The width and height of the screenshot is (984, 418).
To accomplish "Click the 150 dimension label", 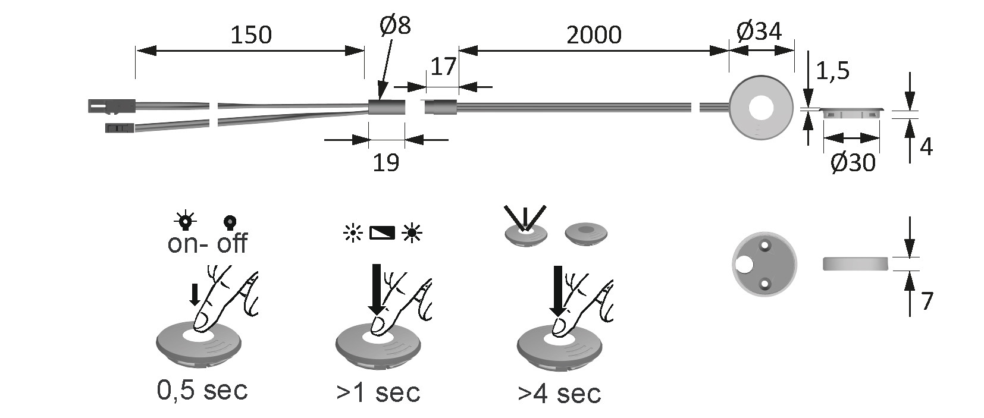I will (x=250, y=35).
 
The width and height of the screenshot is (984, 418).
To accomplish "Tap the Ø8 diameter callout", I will (x=395, y=25).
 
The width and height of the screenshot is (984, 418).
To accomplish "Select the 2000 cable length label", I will (x=594, y=35).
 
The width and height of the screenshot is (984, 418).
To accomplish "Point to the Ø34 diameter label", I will (x=759, y=31).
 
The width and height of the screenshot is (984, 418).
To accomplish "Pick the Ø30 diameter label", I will (x=853, y=162).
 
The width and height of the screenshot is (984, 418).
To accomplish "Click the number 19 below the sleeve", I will (x=386, y=162).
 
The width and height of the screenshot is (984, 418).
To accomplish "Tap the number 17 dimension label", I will (x=443, y=67).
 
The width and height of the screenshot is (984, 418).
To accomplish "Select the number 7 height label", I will (x=926, y=301).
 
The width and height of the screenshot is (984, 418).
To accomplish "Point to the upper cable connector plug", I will (x=111, y=106).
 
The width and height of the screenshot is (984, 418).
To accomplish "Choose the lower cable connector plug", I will (x=120, y=127).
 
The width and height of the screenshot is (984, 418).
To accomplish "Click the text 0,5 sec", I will (x=202, y=390).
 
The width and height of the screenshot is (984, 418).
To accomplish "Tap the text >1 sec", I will (x=378, y=392).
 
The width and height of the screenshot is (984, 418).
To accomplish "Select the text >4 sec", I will (x=559, y=394).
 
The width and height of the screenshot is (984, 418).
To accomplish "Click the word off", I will (x=232, y=243).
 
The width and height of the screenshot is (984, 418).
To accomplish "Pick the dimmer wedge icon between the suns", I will (x=382, y=232).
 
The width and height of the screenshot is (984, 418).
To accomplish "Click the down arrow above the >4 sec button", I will (x=557, y=291).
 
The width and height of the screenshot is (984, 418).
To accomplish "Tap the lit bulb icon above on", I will (x=186, y=221).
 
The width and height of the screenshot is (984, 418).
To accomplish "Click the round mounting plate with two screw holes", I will (x=764, y=263).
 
